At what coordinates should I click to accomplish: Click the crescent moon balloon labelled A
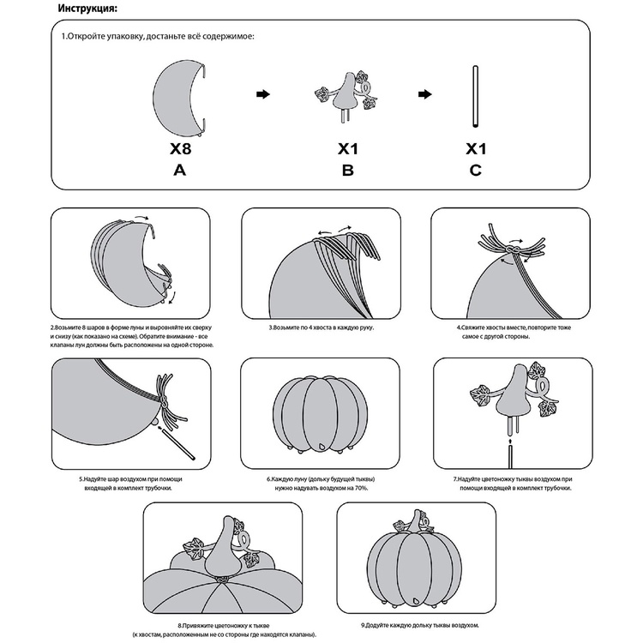176,96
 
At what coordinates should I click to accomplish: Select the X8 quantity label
179,148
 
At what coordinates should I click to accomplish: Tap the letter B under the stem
347,170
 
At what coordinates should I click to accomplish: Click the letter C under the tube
475,170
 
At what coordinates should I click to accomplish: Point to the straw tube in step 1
474,96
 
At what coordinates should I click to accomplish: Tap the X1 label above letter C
476,148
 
